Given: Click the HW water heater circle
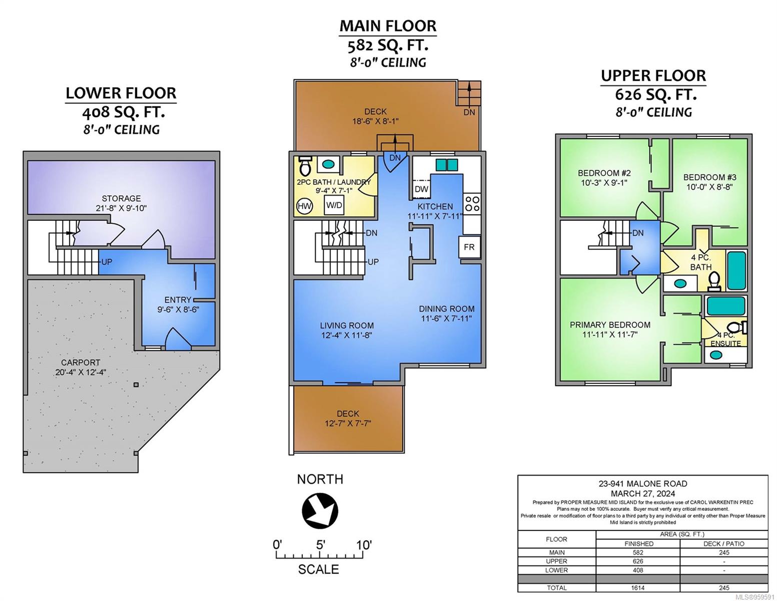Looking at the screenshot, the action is tap(304, 206).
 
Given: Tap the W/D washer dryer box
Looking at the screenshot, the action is tap(334, 205).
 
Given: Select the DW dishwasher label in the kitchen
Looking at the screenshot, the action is tap(422, 189).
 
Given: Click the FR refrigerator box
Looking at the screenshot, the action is tap(469, 247).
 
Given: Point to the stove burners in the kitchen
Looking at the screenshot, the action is tap(472, 204).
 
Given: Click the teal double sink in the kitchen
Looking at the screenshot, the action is tap(447, 165).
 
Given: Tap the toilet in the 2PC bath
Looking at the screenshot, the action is tap(305, 166).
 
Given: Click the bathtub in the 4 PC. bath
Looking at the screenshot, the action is tap(736, 270).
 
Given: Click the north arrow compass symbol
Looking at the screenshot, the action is tap(320, 510).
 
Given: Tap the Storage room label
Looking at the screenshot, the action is tap(121, 198).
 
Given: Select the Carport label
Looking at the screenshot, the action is tap(81, 362).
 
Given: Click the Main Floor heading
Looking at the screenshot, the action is tap(388, 26).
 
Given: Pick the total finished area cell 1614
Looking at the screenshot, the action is tap(637, 588).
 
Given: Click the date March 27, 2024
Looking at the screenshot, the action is tap(643, 494).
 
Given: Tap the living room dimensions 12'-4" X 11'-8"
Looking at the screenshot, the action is tap(347, 336).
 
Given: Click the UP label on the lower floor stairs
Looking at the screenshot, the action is tap(107, 261).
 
